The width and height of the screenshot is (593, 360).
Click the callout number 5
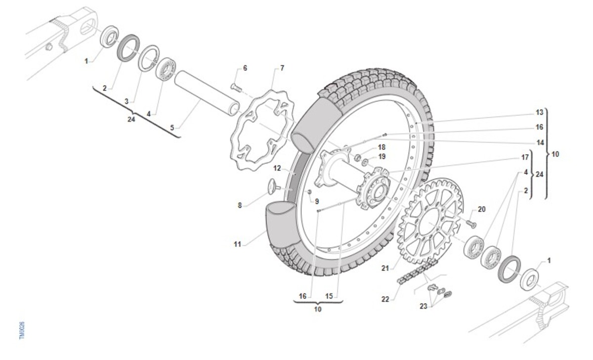[172, 128]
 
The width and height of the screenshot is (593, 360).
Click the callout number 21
[385, 268]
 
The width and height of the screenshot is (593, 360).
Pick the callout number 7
[282, 68]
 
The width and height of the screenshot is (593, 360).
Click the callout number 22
[385, 299]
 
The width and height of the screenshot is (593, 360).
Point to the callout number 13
[540, 112]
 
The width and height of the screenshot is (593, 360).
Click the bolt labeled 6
[236, 87]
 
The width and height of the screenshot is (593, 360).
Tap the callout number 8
[240, 205]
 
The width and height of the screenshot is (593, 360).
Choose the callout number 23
[423, 306]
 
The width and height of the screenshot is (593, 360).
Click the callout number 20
[481, 209]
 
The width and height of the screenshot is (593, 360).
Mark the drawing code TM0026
[22, 330]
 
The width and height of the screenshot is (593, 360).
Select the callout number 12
[277, 169]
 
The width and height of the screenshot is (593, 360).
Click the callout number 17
[525, 158]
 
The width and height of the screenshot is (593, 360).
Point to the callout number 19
[381, 157]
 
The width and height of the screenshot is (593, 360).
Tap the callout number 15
[329, 296]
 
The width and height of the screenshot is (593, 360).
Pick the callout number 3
[127, 101]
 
